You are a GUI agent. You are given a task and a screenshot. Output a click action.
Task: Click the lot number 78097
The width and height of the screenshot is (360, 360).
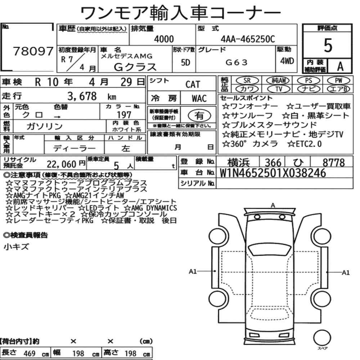(33, 51)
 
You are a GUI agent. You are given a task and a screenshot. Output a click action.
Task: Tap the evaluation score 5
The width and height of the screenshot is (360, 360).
(328, 45)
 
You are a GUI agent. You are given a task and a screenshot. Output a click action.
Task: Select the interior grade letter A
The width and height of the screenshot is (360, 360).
(340, 66)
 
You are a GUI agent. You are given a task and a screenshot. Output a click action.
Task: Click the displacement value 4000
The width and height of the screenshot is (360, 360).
(164, 39)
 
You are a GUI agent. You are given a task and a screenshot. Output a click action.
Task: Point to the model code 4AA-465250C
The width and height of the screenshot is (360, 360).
(248, 39)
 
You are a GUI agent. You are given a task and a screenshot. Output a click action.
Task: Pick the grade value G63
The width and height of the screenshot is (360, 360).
(237, 62)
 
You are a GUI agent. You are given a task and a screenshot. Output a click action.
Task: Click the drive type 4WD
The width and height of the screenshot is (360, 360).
(287, 61)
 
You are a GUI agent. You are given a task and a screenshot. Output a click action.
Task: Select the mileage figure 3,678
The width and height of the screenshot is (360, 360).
(82, 96)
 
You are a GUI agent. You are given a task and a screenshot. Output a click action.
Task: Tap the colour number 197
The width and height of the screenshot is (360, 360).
(124, 114)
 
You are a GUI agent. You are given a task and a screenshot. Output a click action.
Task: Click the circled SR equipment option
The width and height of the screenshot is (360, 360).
(247, 81)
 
